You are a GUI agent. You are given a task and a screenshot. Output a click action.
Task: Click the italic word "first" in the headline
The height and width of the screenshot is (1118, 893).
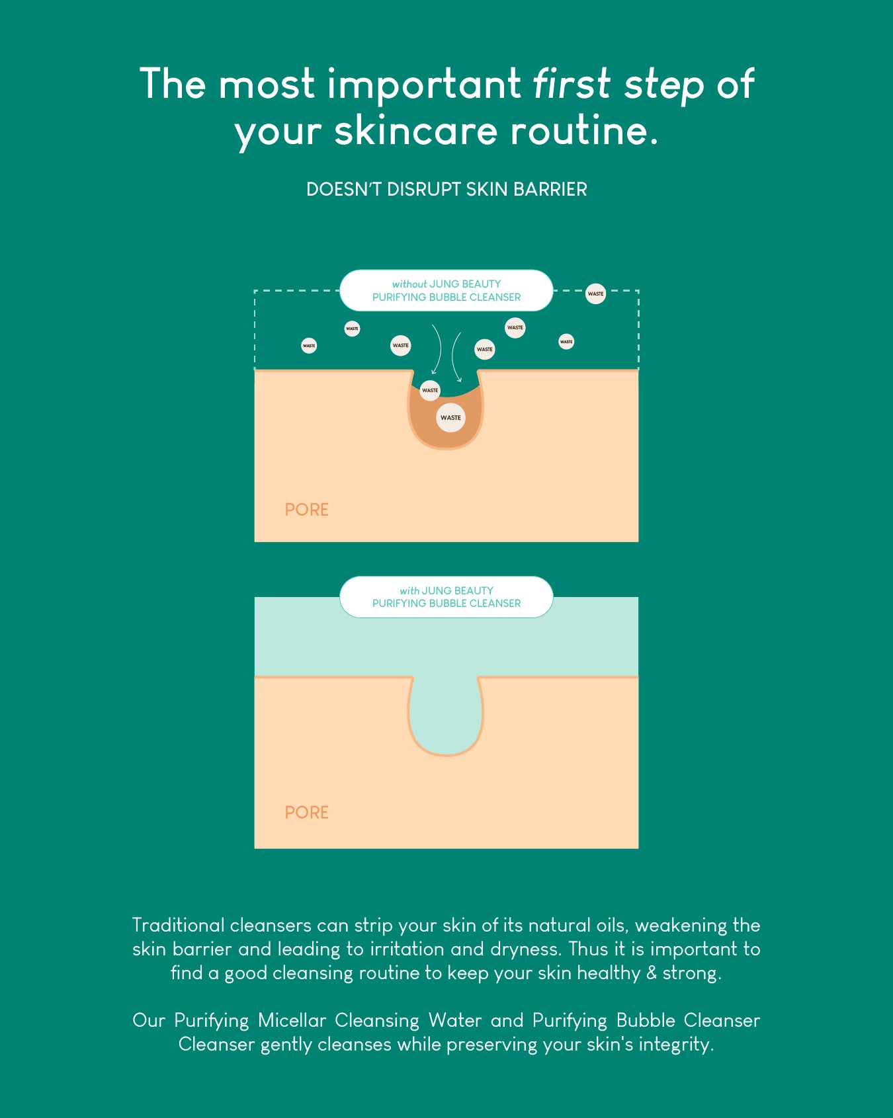click(x=572, y=84)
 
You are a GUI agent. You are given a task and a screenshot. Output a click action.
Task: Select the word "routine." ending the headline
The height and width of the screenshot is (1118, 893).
click(x=585, y=130)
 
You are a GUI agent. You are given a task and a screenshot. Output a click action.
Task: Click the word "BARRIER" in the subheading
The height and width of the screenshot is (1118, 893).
click(x=550, y=189)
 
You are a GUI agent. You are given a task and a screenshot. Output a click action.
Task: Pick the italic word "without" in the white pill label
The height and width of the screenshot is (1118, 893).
click(x=409, y=284)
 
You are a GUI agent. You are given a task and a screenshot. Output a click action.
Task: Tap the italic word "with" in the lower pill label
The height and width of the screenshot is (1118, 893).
click(x=409, y=590)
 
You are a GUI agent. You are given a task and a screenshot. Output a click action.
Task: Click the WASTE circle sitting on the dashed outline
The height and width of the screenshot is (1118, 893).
click(x=596, y=294)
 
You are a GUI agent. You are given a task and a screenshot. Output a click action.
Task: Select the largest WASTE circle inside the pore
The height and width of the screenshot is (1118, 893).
click(x=450, y=418)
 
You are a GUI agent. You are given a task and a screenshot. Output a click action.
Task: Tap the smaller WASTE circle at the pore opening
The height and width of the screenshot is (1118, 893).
click(x=430, y=390)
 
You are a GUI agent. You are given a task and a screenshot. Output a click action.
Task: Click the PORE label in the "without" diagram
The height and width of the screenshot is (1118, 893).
click(x=307, y=510)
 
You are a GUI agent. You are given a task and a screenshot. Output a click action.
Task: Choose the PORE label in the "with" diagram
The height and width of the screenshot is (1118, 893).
click(x=307, y=813)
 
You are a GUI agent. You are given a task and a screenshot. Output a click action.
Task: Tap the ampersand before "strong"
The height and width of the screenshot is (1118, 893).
click(x=652, y=973)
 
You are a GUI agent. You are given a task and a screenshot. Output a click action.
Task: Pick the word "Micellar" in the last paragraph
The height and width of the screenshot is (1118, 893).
click(x=292, y=1020)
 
